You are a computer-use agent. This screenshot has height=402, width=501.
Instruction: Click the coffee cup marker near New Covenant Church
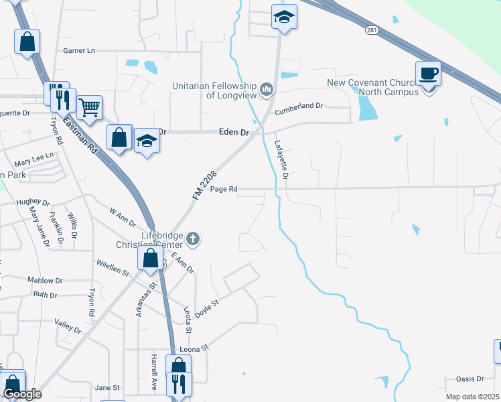click(x=428, y=72)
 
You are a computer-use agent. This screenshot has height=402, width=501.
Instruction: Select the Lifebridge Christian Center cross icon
click(x=193, y=238)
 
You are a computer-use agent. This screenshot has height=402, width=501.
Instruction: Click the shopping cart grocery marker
click(x=89, y=107)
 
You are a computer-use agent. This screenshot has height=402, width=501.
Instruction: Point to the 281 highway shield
click(x=372, y=30)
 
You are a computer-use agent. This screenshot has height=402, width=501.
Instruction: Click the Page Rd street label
click(x=224, y=189)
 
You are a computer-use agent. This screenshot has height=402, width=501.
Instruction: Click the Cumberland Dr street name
click(x=299, y=106)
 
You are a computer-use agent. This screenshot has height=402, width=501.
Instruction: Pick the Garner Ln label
click(x=79, y=50)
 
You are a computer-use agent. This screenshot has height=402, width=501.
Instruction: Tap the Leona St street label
click(x=195, y=348)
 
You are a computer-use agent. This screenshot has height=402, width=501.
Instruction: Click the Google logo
click(x=22, y=394)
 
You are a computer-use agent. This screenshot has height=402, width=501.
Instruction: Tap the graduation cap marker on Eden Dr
click(x=147, y=141)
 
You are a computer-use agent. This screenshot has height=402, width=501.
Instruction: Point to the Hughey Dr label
click(x=33, y=202)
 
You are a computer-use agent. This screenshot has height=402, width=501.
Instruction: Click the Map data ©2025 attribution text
click(x=472, y=397)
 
